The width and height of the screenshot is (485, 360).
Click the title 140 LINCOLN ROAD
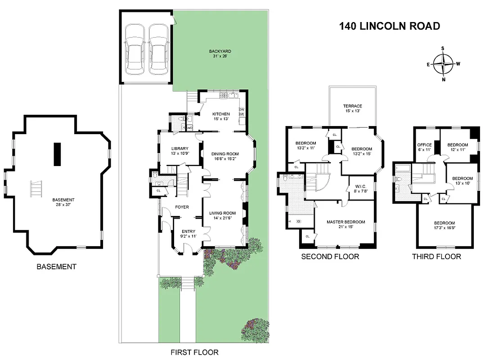pos(389,26)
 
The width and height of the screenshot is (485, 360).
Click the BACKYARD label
pos(220,51)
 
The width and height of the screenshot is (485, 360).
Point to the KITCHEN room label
pos(221,114)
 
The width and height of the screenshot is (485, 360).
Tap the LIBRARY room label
pos(180,148)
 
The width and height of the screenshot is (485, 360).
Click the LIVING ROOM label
pos(223,213)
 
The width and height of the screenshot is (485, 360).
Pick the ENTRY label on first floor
pos(188,231)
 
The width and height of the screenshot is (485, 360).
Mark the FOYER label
pos(182,207)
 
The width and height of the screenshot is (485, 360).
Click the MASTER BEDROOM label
pos(346,222)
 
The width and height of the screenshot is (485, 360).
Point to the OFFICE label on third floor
pos(425,145)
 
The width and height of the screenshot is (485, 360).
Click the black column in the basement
pos(57,154)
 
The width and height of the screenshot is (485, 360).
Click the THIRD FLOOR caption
pos(436,256)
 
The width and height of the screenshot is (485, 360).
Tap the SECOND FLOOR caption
pos(330,256)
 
